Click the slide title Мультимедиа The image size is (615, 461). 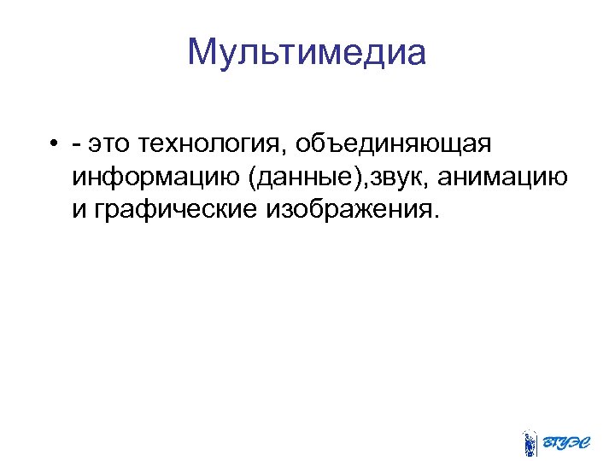[x=307, y=53]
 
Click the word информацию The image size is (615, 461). [x=154, y=178]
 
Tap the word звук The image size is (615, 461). [x=390, y=178]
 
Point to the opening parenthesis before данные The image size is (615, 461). [x=249, y=179]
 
